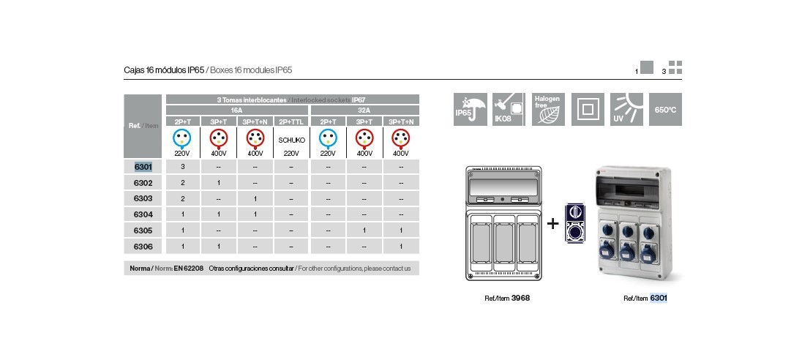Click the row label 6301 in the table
coord(143,167)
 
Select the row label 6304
coord(143,214)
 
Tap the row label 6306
coord(143,247)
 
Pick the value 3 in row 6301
coord(181,167)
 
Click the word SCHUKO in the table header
coord(291,139)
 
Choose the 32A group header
coord(364,108)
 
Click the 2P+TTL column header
coord(291,121)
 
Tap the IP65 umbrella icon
coord(470,109)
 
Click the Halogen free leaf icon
coord(548,109)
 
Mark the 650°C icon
coord(664,109)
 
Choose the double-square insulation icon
coord(587,109)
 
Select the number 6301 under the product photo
coord(659,298)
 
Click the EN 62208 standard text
coord(189,269)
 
